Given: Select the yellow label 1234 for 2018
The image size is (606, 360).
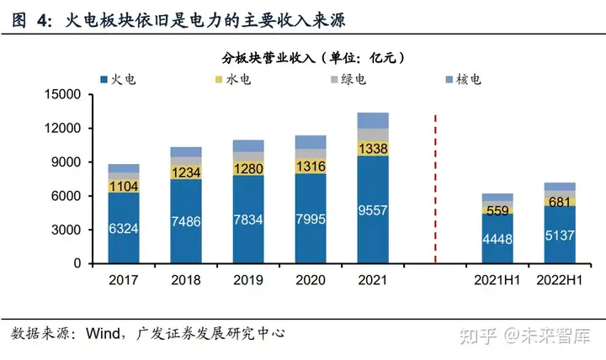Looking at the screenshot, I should (x=186, y=172).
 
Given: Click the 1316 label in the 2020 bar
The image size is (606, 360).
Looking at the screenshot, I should (x=310, y=166).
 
